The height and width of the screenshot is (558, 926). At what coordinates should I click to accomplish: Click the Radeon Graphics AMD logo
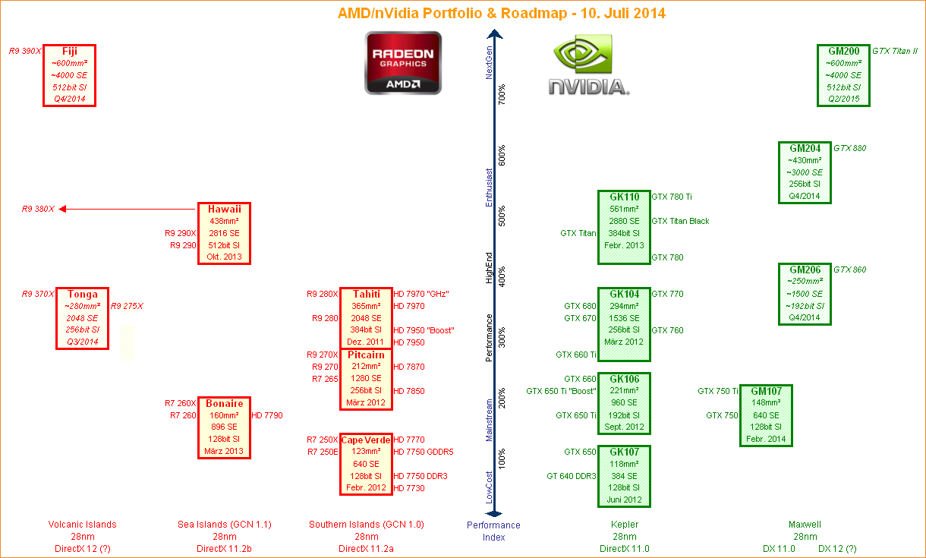click(403, 63)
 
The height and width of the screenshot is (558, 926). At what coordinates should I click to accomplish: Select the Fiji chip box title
click(70, 52)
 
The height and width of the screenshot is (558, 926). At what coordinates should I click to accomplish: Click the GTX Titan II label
click(895, 52)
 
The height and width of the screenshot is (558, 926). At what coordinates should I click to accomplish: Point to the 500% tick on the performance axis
click(502, 216)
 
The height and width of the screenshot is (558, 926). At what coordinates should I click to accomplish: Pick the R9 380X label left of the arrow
click(38, 209)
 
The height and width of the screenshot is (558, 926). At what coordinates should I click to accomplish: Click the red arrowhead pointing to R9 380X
click(62, 209)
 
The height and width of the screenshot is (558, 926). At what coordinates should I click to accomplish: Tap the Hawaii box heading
click(225, 209)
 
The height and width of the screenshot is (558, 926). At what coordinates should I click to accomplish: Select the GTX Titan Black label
click(680, 221)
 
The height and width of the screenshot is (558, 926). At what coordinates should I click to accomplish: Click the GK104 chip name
click(624, 295)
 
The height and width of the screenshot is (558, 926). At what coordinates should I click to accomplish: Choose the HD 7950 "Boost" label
click(424, 330)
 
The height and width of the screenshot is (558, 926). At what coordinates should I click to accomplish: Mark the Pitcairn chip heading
click(366, 355)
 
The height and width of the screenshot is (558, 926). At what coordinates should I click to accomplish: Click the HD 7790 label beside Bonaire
click(267, 415)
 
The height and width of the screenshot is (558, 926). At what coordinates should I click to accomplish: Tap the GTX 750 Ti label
click(718, 391)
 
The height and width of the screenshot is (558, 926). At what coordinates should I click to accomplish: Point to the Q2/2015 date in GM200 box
click(843, 99)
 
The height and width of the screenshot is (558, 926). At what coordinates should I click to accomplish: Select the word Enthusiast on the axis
click(489, 188)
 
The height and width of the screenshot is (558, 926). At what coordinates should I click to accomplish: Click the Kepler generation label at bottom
click(624, 525)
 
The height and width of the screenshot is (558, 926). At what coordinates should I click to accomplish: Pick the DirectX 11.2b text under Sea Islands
click(224, 549)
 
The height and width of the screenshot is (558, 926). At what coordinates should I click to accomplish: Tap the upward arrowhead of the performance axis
click(494, 34)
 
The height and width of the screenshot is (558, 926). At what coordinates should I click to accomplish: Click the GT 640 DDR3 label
click(572, 476)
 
